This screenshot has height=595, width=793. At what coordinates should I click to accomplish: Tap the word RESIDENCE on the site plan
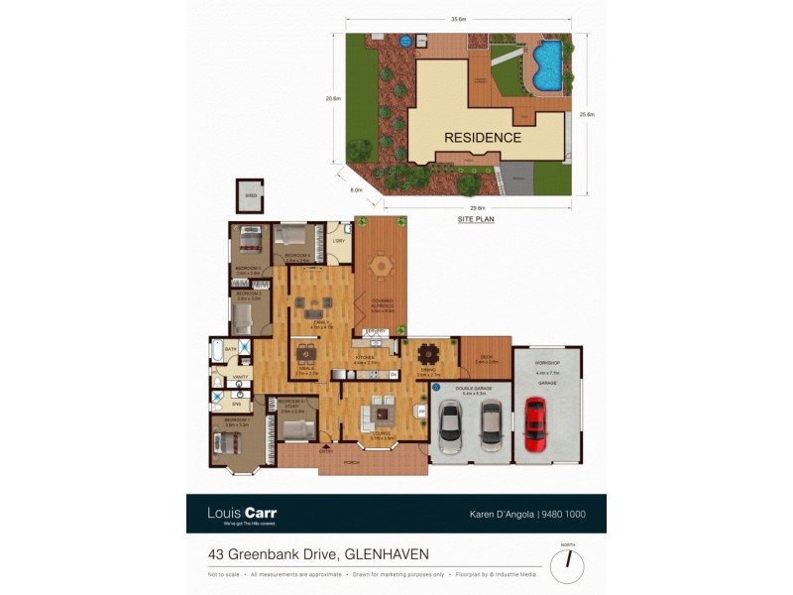(x=482, y=138)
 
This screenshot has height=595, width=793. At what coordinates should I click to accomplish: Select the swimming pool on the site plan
(x=546, y=62)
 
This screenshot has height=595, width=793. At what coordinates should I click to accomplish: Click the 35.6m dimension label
(x=459, y=19)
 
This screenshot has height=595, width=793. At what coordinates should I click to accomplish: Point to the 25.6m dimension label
(x=587, y=115)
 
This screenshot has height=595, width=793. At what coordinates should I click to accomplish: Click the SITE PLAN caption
(x=476, y=217)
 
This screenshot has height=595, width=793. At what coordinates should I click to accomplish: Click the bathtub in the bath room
(x=217, y=352)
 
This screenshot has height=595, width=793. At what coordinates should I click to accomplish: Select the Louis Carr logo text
(x=242, y=513)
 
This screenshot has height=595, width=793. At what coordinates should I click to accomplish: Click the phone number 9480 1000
(x=565, y=515)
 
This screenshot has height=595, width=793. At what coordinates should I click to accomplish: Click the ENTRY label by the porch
(x=326, y=450)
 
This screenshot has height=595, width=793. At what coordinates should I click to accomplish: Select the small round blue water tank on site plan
(x=404, y=42)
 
